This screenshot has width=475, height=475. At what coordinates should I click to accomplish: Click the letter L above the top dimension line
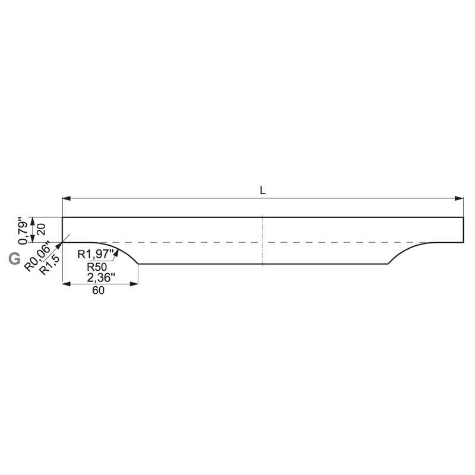coord(262,190)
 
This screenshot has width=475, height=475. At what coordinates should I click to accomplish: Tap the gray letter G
coord(14,259)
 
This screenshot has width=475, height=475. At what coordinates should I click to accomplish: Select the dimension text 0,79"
coord(23,231)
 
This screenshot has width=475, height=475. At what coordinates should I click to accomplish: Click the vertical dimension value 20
coord(41,229)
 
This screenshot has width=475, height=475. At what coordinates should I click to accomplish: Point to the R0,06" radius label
coord(37,256)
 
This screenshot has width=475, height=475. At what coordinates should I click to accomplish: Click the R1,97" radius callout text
coord(96,254)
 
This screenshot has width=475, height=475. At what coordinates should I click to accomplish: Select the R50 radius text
coord(97,267)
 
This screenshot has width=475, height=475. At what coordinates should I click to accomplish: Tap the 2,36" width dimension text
coord(101,278)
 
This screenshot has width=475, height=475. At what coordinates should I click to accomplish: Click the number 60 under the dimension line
coord(99,290)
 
